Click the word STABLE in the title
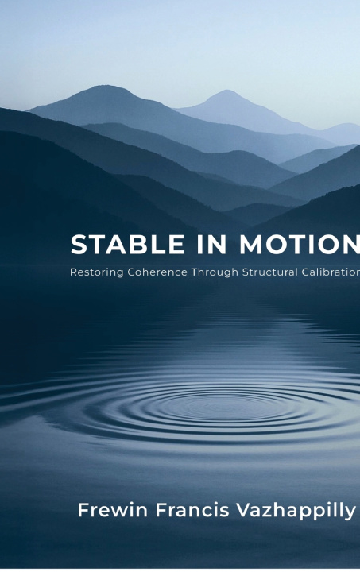[128, 244]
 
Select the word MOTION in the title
[300, 244]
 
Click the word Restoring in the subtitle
[97, 272]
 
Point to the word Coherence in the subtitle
[157, 272]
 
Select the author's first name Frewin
[113, 509]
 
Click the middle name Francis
[192, 509]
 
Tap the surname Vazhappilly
[296, 511]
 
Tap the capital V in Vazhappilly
[243, 509]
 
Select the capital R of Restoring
[73, 272]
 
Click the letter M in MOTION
[251, 244]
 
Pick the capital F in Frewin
[83, 509]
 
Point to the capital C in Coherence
[131, 272]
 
